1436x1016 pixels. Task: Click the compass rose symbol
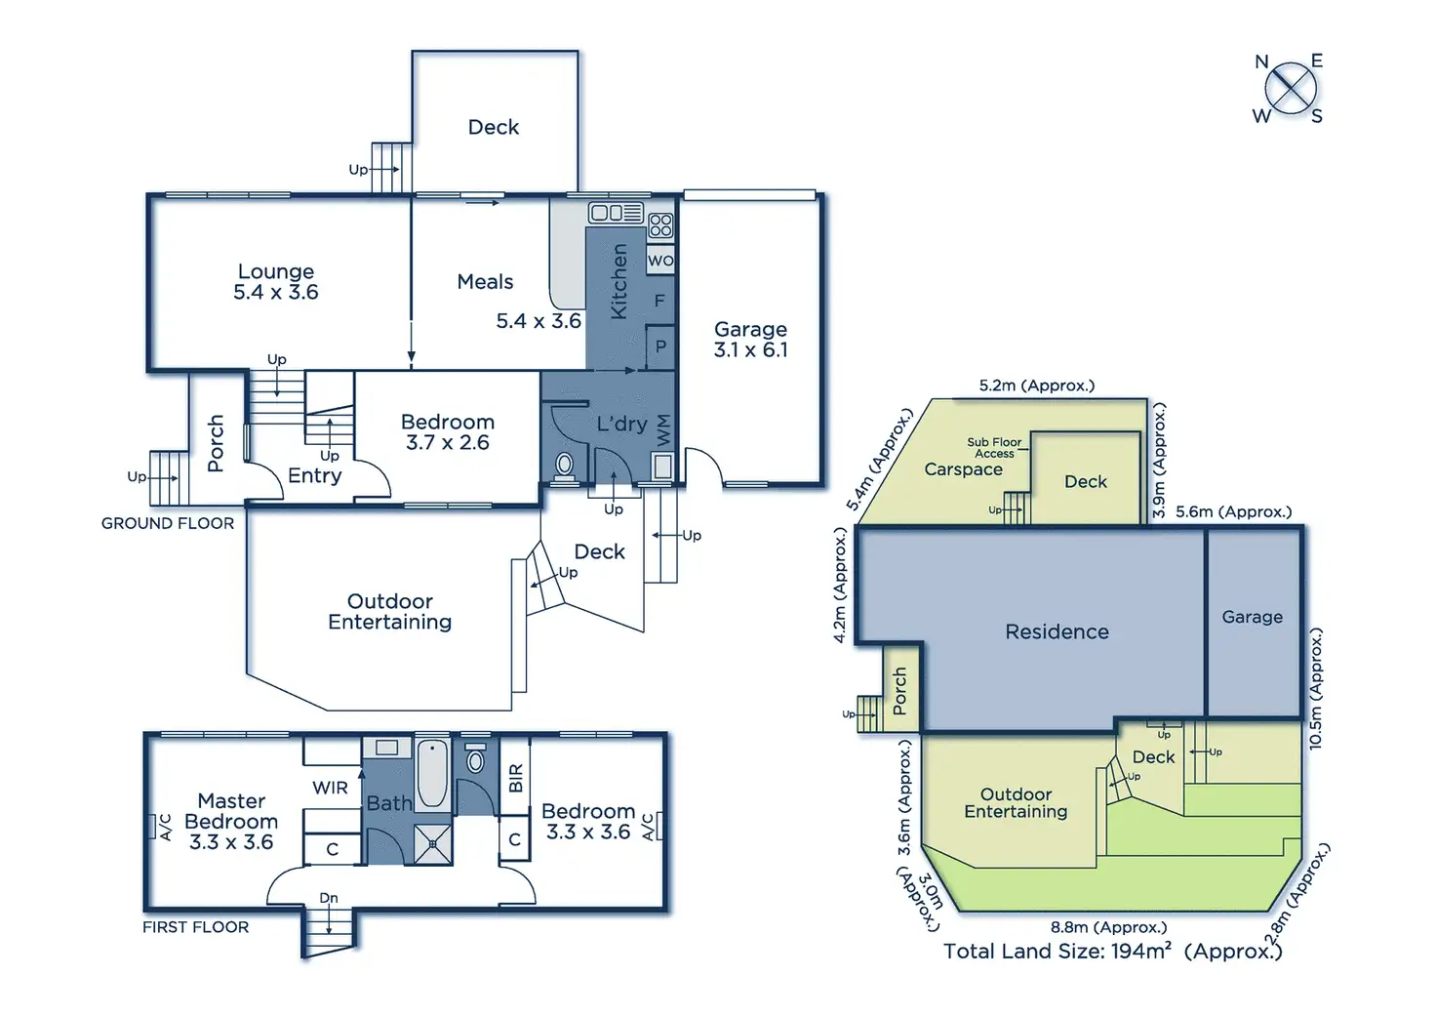coord(1290,89)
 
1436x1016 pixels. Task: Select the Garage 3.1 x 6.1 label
coord(750,340)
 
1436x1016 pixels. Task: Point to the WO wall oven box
coord(660,261)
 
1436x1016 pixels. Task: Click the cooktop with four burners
coord(660,225)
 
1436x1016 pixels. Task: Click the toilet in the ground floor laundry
coord(564,466)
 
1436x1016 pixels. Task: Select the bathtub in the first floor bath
coord(433,774)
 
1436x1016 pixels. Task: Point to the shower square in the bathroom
coord(432,844)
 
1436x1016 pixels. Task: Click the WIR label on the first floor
coord(330,788)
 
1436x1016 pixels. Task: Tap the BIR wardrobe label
coord(516,778)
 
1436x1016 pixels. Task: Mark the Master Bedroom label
coord(231,821)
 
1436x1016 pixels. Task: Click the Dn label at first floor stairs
coord(329,898)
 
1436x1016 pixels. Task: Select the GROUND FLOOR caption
coord(168,523)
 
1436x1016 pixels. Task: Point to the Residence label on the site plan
coord(1057,631)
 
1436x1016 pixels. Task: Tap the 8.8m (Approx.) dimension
coord(1108,927)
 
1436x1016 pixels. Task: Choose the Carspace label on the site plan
coord(963,469)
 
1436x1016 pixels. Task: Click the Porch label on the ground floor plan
coord(216,444)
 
